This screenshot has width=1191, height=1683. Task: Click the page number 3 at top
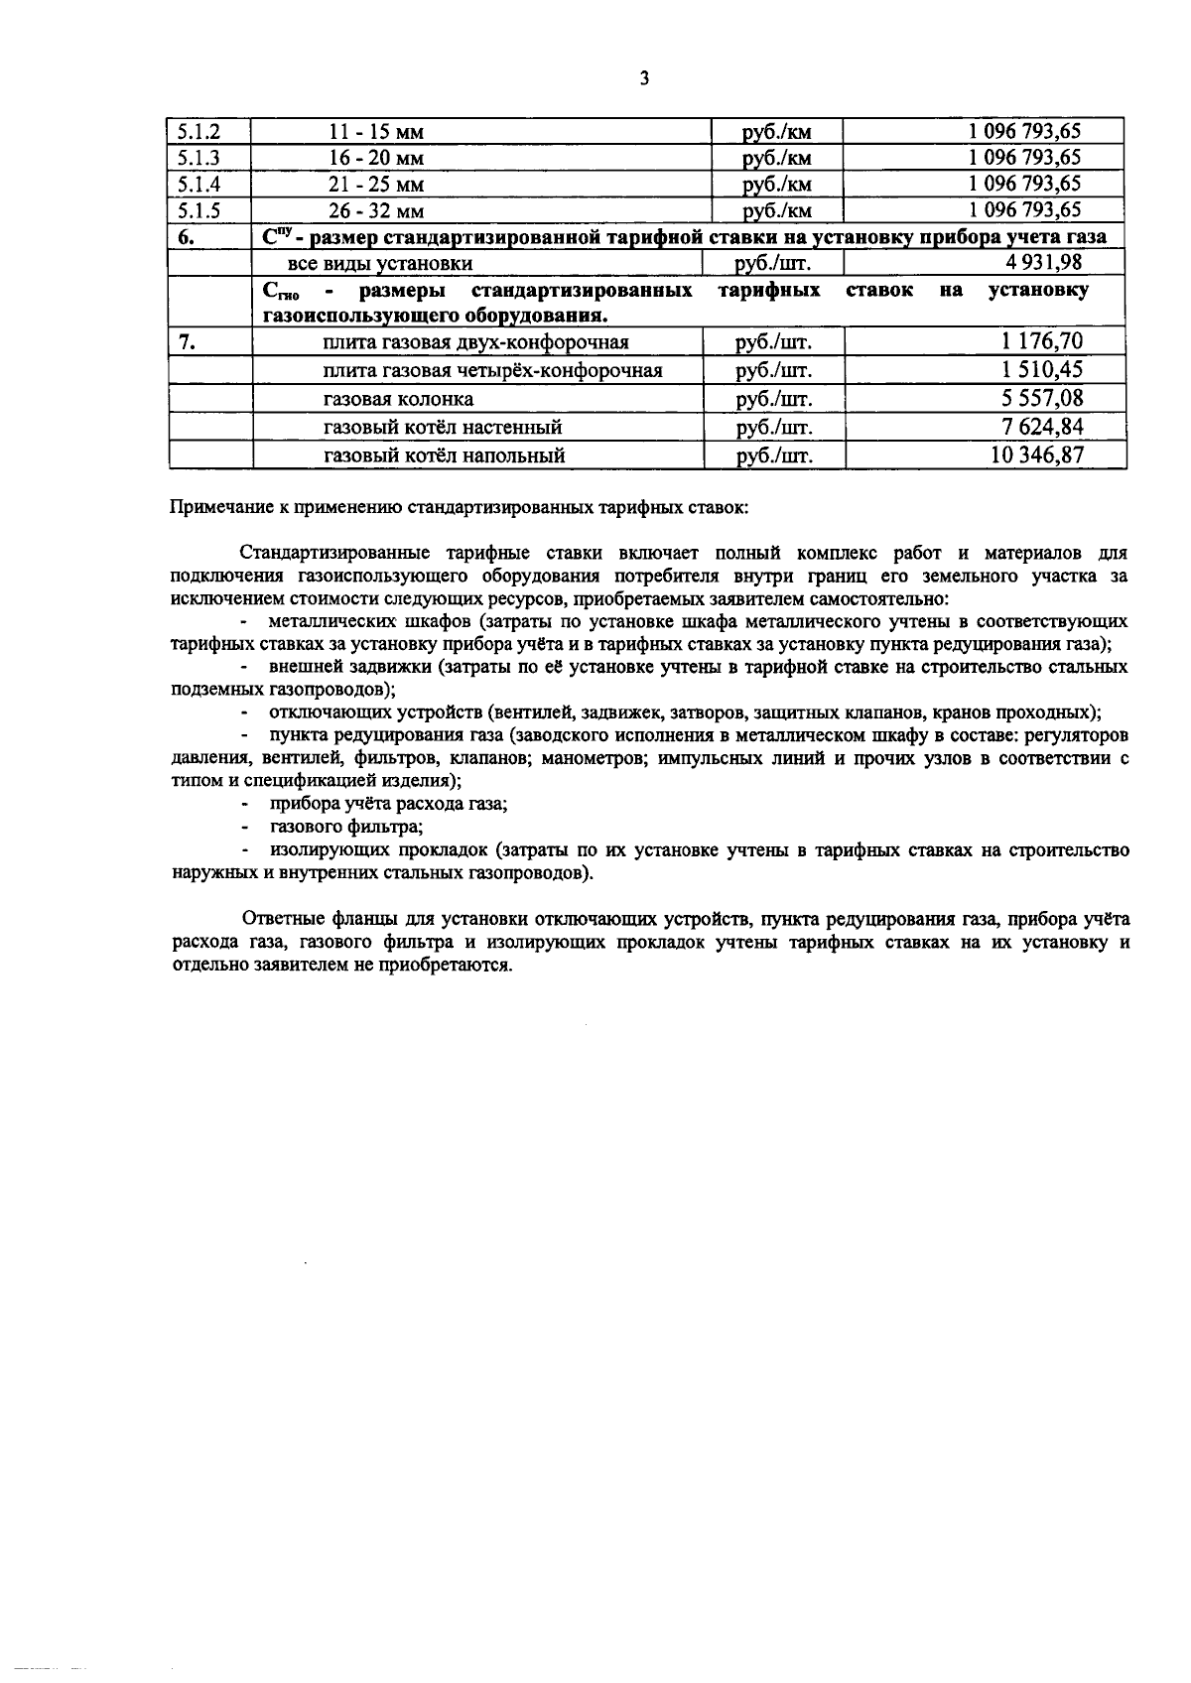(644, 78)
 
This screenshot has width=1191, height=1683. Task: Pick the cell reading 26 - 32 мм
(376, 211)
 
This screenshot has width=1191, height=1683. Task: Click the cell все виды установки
(379, 263)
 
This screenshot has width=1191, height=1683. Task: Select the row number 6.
(187, 237)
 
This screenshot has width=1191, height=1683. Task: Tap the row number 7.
(187, 342)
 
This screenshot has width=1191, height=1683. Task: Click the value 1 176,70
(1042, 342)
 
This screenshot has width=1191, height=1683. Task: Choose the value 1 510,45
(1042, 370)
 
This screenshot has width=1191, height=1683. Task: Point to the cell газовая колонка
(398, 399)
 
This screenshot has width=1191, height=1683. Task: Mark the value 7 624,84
(1042, 427)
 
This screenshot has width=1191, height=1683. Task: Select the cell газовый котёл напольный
(444, 455)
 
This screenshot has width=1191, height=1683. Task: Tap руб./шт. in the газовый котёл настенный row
(773, 428)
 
